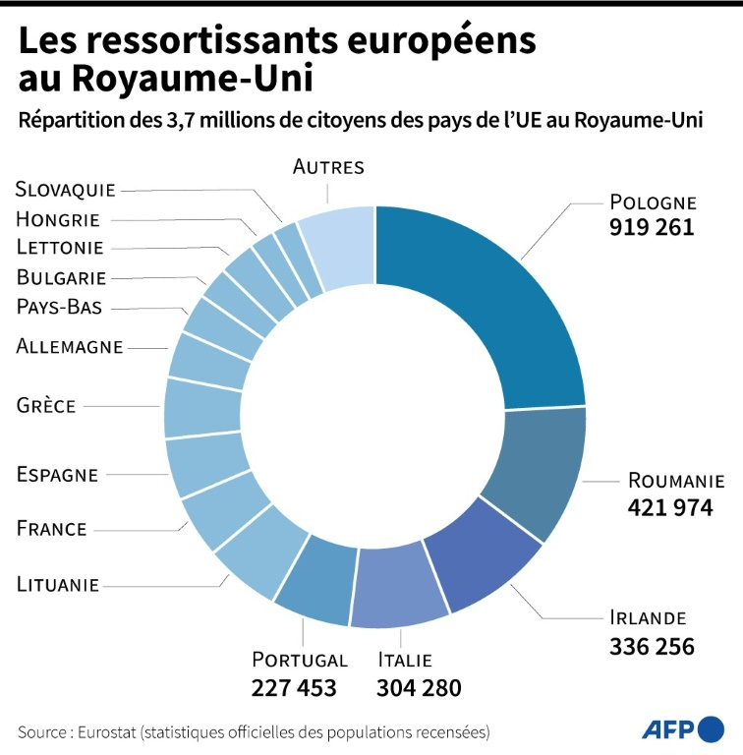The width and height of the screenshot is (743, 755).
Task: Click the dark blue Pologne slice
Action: (491, 305)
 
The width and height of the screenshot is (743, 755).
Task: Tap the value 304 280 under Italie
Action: (419, 687)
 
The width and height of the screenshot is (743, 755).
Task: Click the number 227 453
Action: (294, 687)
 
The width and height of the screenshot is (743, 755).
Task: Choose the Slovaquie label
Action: (66, 189)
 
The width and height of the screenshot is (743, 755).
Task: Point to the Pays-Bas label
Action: (60, 306)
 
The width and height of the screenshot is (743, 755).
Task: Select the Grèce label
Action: (46, 404)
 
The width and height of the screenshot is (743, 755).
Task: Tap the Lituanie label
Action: (58, 584)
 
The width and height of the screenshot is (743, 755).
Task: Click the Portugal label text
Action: (300, 660)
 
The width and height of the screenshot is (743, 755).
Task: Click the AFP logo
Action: (682, 728)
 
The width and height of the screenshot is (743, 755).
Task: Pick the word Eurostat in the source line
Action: (111, 732)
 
